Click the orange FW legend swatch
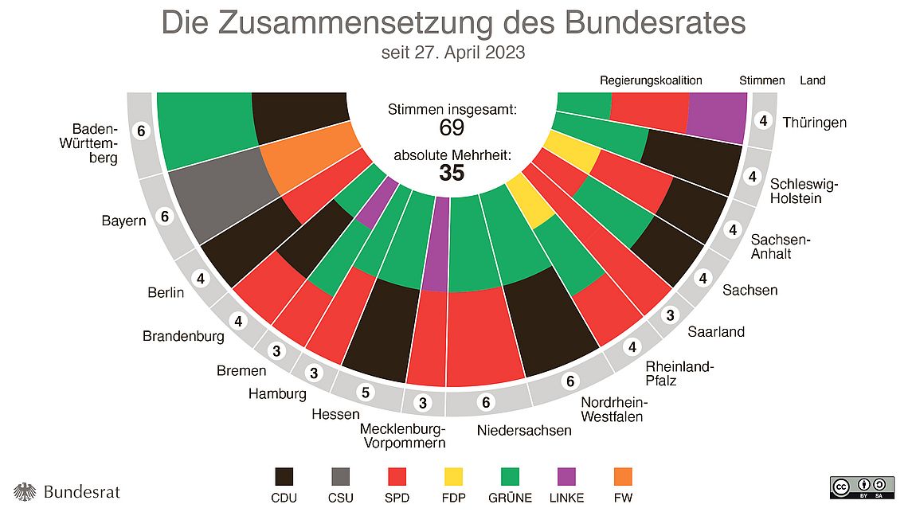click(x=623, y=477)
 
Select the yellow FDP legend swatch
click(x=453, y=477)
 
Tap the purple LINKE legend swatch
click(x=566, y=477)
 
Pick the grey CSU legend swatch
click(x=342, y=477)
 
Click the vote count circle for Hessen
click(x=366, y=393)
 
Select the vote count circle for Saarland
click(x=671, y=314)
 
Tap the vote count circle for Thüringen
click(x=763, y=121)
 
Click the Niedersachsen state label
click(x=524, y=431)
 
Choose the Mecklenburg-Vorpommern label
click(x=402, y=436)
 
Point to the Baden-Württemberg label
click(x=94, y=143)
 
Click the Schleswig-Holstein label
click(x=804, y=191)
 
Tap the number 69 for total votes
click(x=452, y=128)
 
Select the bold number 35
click(x=452, y=173)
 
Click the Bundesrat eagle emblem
click(x=25, y=491)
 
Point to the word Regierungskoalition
click(x=651, y=80)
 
